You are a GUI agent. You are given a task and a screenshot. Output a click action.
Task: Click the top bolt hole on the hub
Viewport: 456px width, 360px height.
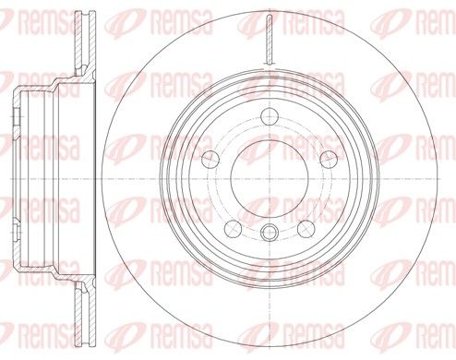tap(270, 116)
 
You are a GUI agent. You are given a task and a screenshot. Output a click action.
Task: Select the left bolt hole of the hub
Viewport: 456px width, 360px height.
tap(210, 160)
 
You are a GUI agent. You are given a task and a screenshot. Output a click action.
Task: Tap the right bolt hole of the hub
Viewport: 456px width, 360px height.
tap(329, 160)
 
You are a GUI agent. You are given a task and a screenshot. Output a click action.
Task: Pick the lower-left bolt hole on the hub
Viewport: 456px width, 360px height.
tap(233, 229)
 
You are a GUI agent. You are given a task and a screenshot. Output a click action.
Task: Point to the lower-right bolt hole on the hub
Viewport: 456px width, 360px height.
tap(306, 229)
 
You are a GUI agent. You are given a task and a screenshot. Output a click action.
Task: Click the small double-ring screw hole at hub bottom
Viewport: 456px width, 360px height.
tap(270, 233)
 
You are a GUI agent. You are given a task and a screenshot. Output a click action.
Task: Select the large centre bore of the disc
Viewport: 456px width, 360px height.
tap(270, 179)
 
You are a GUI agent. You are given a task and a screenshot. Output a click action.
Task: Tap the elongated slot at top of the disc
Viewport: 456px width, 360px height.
tap(270, 40)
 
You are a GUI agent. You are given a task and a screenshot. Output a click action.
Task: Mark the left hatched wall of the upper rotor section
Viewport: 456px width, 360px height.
tap(78, 39)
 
